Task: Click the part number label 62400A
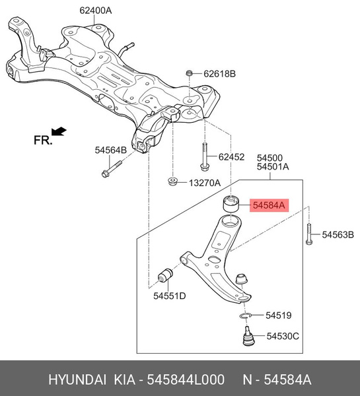[x=96, y=11]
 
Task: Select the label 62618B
[x=219, y=74]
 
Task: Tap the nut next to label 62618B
[x=190, y=73]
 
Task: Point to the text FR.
[x=43, y=140]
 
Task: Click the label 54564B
[x=110, y=150]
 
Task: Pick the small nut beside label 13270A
[x=172, y=181]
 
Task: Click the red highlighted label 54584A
[x=268, y=206]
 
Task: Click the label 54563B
[x=338, y=234]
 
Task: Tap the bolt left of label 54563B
[x=308, y=234]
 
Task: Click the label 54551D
[x=170, y=296]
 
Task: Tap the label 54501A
[x=273, y=167]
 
